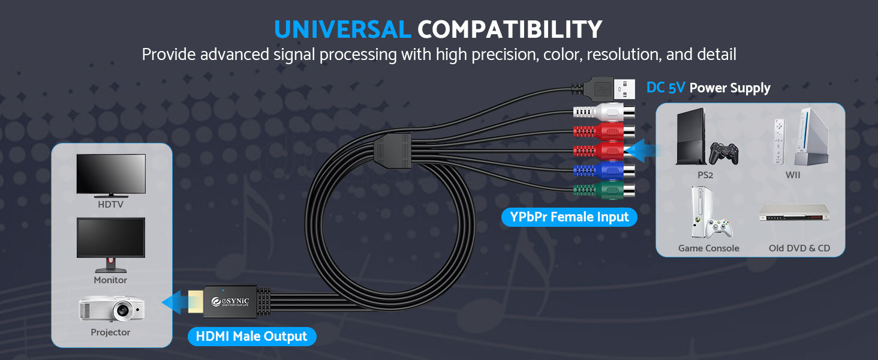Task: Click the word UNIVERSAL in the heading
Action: pyautogui.click(x=342, y=29)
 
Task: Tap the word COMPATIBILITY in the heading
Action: pyautogui.click(x=510, y=29)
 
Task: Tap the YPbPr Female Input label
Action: pyautogui.click(x=569, y=217)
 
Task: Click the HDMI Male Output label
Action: pyautogui.click(x=252, y=337)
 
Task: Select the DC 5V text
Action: pyautogui.click(x=666, y=88)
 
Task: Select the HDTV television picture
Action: pyautogui.click(x=111, y=175)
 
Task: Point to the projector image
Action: pyautogui.click(x=112, y=309)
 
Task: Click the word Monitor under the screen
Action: pyautogui.click(x=110, y=280)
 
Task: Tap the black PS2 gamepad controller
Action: pyautogui.click(x=723, y=153)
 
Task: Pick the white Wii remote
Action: pyautogui.click(x=780, y=142)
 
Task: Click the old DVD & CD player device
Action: pyautogui.click(x=794, y=214)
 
